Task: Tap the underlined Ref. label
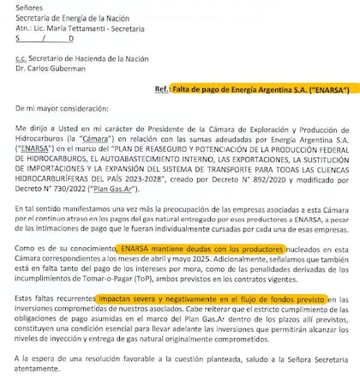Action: tap(157, 88)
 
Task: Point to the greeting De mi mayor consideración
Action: tap(63, 111)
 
